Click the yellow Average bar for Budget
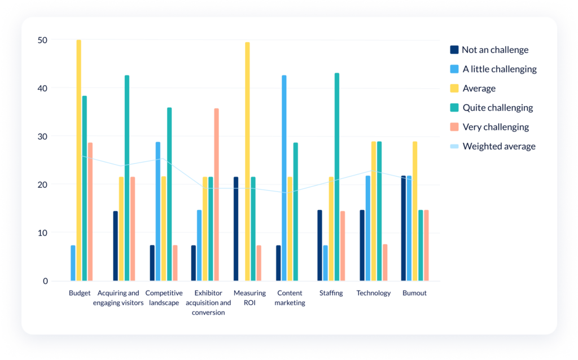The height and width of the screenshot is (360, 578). click(x=79, y=160)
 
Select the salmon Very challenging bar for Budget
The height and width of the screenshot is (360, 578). click(x=90, y=212)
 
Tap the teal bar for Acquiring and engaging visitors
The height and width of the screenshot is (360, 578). click(x=127, y=178)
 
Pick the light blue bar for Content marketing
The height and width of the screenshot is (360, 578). click(x=284, y=178)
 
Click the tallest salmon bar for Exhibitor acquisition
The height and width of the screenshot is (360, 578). click(x=216, y=194)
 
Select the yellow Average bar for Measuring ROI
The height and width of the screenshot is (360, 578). click(x=247, y=161)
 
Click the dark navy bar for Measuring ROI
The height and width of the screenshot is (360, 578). click(x=236, y=229)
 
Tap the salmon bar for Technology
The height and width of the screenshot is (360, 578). click(x=385, y=262)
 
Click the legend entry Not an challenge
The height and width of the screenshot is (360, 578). click(x=495, y=50)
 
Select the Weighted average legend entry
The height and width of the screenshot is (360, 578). click(x=499, y=146)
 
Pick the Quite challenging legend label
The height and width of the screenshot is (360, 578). click(x=498, y=108)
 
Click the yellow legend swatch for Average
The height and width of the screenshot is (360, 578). click(x=454, y=89)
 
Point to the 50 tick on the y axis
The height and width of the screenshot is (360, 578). click(x=43, y=40)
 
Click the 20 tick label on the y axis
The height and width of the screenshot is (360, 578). click(x=43, y=185)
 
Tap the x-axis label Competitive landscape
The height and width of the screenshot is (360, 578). click(x=164, y=297)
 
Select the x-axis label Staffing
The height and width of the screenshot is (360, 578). click(x=331, y=293)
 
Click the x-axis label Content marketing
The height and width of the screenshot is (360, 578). click(x=290, y=297)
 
